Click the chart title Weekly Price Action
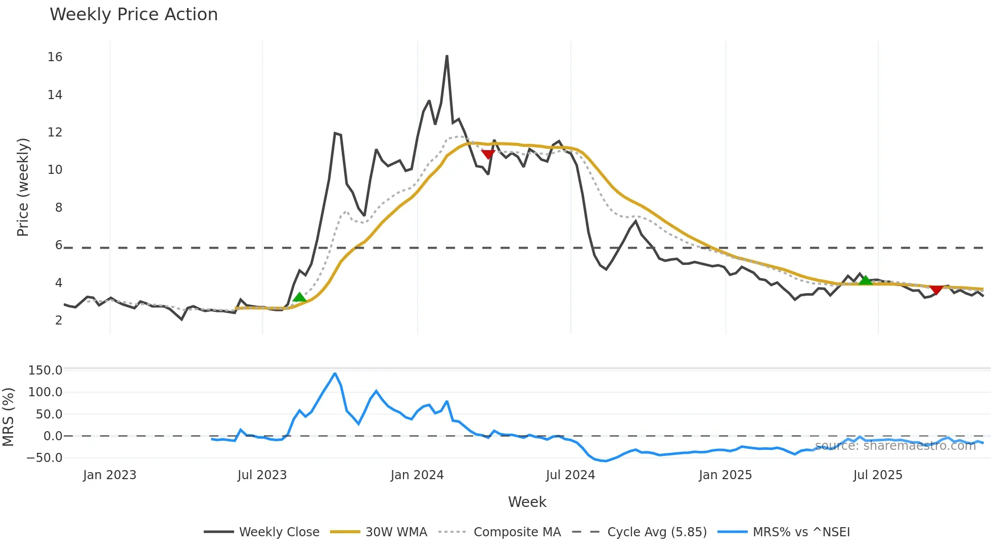[133, 15]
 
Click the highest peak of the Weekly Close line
[447, 56]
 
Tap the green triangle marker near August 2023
[299, 297]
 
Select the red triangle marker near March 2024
[488, 154]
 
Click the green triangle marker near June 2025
[866, 280]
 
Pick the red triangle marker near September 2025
[936, 290]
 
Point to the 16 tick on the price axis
[55, 57]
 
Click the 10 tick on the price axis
[55, 170]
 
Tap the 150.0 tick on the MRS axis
[45, 370]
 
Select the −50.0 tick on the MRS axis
[45, 458]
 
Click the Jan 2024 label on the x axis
[417, 475]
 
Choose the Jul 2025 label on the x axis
[878, 475]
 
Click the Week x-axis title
[527, 502]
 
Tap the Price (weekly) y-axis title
[23, 187]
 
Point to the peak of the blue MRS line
[335, 374]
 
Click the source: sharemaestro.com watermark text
[895, 446]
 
